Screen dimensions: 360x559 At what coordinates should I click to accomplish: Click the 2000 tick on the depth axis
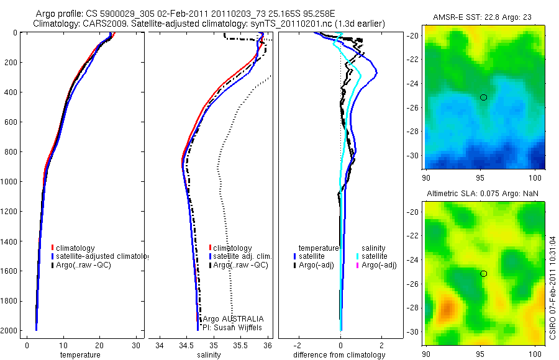pyautogui.click(x=9, y=331)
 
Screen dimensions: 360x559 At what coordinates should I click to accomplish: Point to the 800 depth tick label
pyautogui.click(x=9, y=152)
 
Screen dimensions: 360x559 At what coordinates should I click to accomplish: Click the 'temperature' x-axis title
pyautogui.click(x=80, y=355)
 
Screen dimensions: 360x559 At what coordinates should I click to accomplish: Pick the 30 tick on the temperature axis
pyautogui.click(x=135, y=346)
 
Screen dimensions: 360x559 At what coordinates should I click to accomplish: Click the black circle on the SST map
pyautogui.click(x=483, y=97)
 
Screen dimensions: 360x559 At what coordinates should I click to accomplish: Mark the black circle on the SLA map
pyautogui.click(x=483, y=274)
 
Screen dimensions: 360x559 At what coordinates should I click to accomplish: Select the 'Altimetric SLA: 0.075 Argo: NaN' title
pyautogui.click(x=483, y=194)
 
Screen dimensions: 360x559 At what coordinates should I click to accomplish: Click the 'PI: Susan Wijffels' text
pyautogui.click(x=233, y=326)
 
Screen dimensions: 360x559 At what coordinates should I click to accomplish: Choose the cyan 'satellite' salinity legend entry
pyautogui.click(x=374, y=256)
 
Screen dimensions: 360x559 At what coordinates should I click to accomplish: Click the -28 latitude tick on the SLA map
pyautogui.click(x=414, y=308)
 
